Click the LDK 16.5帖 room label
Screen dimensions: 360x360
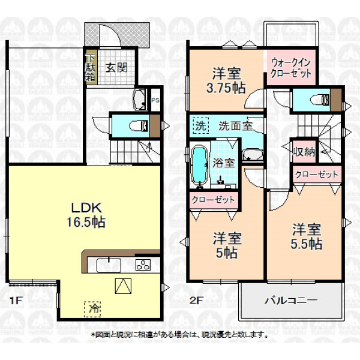86,215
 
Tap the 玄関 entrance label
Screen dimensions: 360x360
116,67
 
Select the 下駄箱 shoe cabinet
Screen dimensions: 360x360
90,67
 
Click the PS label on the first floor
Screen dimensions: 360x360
155,100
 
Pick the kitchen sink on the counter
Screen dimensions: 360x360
109,265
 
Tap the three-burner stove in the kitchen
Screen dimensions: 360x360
143,265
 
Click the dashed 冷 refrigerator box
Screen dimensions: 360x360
92,309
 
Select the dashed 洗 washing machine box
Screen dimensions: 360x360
200,125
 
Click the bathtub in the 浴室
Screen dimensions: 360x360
200,166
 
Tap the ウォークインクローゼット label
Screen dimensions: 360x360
290,68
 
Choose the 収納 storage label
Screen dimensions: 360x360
304,151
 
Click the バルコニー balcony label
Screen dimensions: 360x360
291,300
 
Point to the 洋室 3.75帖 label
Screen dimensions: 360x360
226,80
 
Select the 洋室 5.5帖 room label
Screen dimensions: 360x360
306,236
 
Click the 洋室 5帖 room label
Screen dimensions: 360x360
227,245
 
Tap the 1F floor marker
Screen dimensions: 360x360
16,301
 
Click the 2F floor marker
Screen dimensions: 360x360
196,300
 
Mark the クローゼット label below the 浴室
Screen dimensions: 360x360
213,200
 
